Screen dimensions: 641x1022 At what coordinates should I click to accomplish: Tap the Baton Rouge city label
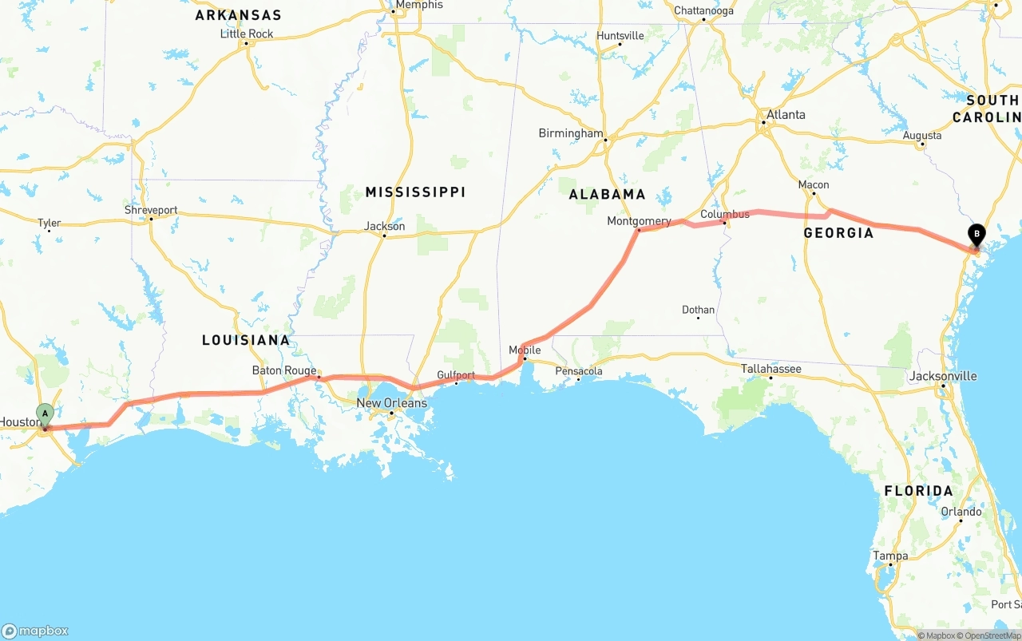point(284,370)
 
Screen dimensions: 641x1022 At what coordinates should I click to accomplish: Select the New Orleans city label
point(391,403)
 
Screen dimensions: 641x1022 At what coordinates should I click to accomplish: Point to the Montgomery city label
point(639,221)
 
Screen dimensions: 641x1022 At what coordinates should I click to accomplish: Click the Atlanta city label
point(786,115)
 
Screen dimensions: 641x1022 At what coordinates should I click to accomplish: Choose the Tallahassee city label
point(770,369)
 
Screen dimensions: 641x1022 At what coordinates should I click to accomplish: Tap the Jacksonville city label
point(943,376)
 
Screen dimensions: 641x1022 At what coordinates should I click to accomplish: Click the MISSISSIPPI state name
point(415,192)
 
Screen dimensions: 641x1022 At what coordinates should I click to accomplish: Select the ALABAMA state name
point(607,194)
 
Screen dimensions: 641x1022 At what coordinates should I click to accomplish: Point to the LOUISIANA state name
point(246,340)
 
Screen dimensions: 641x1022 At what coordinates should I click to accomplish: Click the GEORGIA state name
point(838,233)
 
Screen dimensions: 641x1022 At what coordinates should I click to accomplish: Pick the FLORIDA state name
point(918,491)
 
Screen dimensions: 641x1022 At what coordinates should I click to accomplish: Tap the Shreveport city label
point(151,211)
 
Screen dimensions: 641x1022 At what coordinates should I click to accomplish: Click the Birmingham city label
point(570,133)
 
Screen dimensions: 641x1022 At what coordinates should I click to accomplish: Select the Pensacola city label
point(579,371)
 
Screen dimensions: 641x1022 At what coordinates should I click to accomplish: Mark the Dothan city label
point(699,310)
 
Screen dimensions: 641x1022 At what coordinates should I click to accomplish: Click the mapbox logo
point(35,631)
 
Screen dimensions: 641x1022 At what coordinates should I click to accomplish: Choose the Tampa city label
point(890,556)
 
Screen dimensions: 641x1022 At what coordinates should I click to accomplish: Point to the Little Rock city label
point(247,34)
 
